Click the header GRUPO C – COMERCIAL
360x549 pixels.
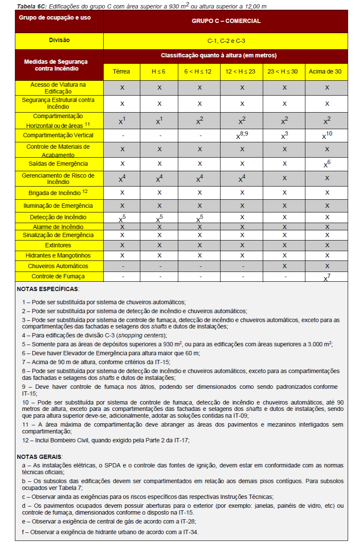[226, 21]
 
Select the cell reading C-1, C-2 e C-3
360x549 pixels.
[226, 41]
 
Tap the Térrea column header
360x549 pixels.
[122, 71]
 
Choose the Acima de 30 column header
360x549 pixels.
[326, 71]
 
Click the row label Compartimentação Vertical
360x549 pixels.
[58, 136]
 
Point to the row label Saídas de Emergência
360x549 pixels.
[58, 164]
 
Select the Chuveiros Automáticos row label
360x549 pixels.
[58, 266]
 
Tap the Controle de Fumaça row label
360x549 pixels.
[58, 277]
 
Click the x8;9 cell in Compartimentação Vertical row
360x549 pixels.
[241, 136]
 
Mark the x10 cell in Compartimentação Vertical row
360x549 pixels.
[326, 136]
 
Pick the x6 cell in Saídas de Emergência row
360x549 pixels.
[326, 164]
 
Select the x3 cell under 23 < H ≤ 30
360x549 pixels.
[284, 136]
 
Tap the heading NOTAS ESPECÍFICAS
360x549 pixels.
[48, 289]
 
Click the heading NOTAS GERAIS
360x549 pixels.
[40, 456]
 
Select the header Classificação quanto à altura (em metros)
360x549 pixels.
[218, 56]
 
